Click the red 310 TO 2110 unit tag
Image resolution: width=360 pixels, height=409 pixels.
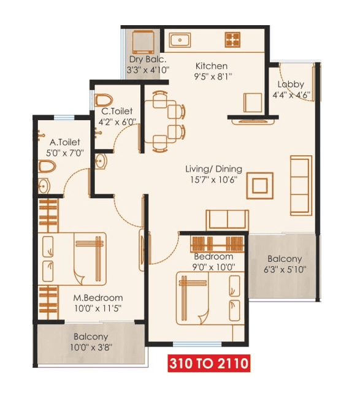(x=209, y=364)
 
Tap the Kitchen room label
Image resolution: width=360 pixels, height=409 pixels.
(x=212, y=66)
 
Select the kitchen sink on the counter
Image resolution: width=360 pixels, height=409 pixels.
(x=180, y=40)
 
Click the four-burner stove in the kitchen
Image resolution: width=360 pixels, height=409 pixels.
(x=233, y=40)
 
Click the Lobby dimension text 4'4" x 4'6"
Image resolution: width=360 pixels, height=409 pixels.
(x=291, y=95)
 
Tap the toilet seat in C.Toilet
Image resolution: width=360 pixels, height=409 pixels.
(x=104, y=99)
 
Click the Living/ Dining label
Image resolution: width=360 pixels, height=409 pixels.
(x=214, y=169)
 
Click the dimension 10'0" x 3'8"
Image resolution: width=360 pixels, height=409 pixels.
(x=91, y=348)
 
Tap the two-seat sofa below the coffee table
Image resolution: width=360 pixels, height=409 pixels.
(x=227, y=219)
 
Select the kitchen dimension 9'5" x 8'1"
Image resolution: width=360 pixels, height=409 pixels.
(x=212, y=77)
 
